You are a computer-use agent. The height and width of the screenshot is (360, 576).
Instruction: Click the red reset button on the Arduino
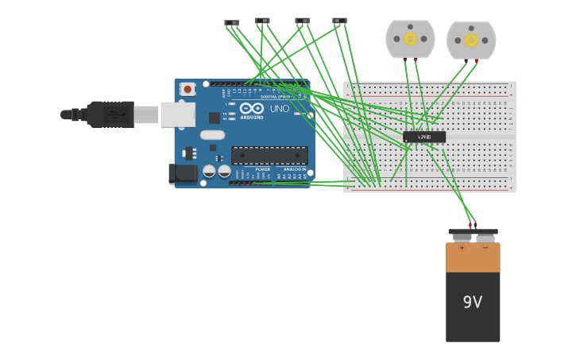(187, 89)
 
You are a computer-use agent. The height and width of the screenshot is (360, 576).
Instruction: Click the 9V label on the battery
(473, 302)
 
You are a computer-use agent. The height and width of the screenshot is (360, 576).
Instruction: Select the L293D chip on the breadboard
(424, 137)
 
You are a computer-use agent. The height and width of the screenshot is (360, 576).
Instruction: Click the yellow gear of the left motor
(410, 38)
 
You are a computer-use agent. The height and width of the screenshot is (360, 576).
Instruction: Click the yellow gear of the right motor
(471, 40)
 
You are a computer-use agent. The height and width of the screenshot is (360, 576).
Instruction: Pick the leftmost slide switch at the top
(231, 23)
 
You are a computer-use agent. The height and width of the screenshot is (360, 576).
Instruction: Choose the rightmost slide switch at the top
(339, 21)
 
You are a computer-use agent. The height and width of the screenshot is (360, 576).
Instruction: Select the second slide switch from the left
(262, 21)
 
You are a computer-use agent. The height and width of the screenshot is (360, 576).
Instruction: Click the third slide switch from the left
(302, 21)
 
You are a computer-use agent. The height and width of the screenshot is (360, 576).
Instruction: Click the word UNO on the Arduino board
(280, 109)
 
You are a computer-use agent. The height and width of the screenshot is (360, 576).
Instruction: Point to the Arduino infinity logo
(252, 108)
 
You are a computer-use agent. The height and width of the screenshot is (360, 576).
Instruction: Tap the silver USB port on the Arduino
(177, 114)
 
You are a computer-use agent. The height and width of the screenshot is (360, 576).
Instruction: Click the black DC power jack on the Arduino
(183, 173)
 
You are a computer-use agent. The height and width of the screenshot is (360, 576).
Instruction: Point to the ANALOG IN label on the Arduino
(294, 169)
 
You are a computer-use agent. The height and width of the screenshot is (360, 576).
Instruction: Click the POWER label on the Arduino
(262, 169)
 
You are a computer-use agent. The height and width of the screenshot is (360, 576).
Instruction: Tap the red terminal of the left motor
(416, 60)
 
